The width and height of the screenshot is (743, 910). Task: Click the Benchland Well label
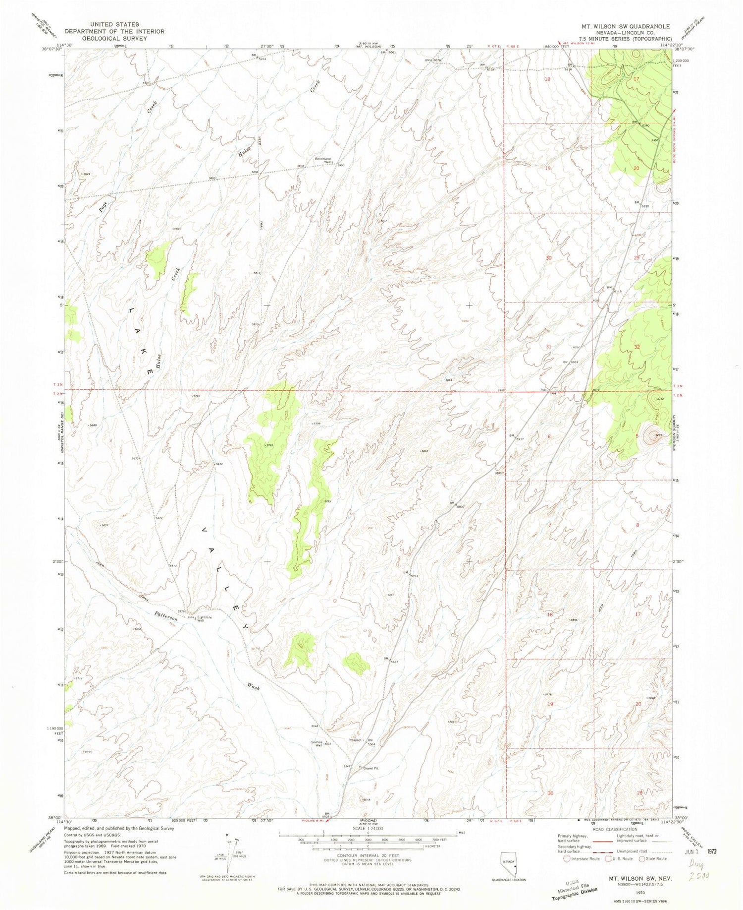click(323, 161)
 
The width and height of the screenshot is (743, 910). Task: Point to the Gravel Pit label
click(371, 768)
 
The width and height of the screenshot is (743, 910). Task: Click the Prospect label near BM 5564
click(355, 740)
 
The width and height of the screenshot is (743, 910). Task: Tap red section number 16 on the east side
click(549, 614)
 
